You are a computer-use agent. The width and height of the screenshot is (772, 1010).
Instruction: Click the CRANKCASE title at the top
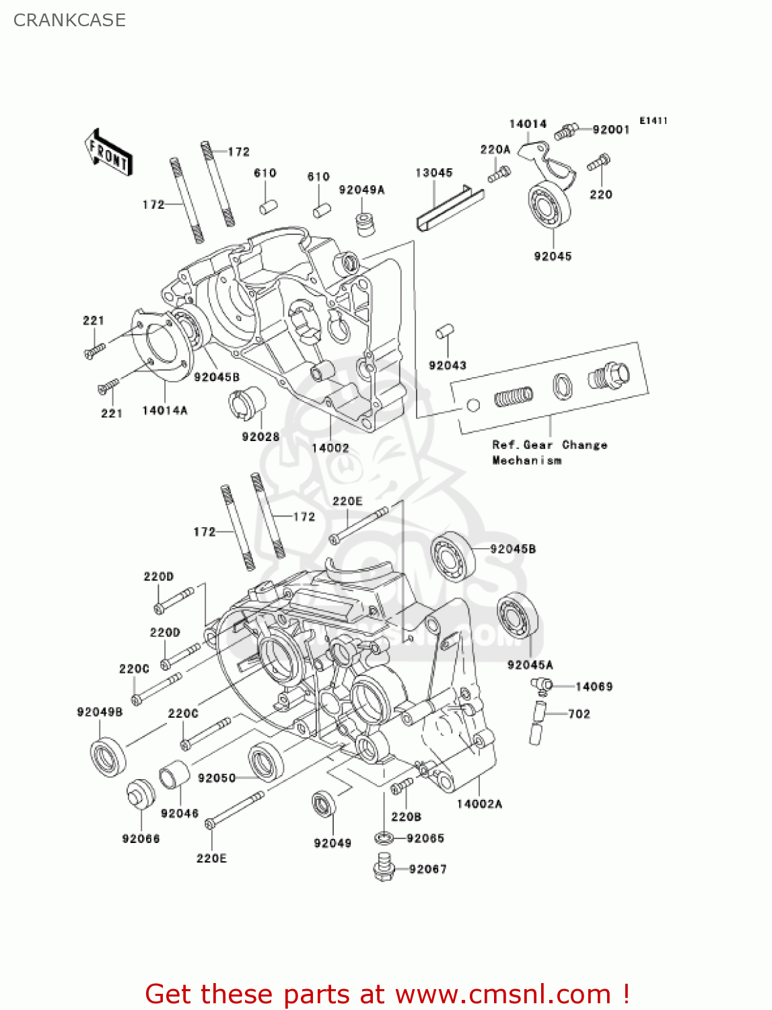[x=69, y=20]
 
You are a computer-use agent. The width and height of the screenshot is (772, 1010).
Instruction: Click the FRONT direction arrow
[x=108, y=153]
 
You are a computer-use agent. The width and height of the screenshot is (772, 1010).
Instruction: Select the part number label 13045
[x=434, y=173]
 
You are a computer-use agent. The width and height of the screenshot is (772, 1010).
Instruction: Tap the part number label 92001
[x=611, y=129]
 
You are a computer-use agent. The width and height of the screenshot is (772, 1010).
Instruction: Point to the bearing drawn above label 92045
[x=549, y=205]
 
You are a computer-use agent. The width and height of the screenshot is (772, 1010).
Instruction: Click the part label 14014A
[x=165, y=410]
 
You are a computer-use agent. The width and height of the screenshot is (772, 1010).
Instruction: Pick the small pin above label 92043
[x=445, y=331]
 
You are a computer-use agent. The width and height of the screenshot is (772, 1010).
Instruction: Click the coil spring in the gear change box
[x=514, y=397]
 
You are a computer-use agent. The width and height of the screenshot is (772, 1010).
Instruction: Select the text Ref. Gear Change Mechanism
[x=549, y=452]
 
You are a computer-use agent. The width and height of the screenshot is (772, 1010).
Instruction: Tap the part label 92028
[x=260, y=437]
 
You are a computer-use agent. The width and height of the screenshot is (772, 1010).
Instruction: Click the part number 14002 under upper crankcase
[x=330, y=448]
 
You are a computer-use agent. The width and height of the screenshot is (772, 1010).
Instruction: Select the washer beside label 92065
[x=383, y=838]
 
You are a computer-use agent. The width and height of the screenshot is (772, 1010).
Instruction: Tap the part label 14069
[x=594, y=687]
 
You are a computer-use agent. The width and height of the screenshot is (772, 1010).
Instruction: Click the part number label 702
[x=579, y=714]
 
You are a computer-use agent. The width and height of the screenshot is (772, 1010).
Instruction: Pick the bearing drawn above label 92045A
[x=518, y=616]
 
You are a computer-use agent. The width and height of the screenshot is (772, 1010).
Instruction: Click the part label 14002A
[x=479, y=804]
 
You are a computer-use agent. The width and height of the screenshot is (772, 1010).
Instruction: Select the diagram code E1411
[x=653, y=121]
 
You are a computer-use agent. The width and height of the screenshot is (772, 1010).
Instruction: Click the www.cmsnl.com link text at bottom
[x=503, y=995]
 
